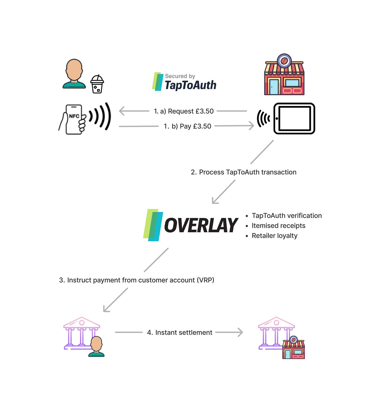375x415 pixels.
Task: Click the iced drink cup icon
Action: click(x=97, y=84)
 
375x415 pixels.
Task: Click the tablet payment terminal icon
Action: click(x=294, y=119)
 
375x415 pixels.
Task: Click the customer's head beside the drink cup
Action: click(x=74, y=70)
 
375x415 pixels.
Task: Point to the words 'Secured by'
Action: click(x=180, y=76)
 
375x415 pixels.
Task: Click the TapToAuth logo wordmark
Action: click(x=190, y=85)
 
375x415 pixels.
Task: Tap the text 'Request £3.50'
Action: click(x=191, y=111)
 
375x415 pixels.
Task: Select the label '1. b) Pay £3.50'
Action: click(x=187, y=126)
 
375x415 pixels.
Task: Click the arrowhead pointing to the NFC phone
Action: click(x=121, y=111)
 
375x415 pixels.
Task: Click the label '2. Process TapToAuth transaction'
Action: click(x=243, y=172)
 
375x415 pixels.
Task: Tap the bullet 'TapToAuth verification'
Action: click(x=287, y=215)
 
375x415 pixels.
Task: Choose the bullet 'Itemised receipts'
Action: click(x=278, y=226)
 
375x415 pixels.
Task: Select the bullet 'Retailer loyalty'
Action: click(x=275, y=236)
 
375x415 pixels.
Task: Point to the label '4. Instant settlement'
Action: click(x=180, y=333)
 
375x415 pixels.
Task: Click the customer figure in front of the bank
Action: click(x=96, y=347)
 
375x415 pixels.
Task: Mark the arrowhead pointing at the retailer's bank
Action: click(x=241, y=332)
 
